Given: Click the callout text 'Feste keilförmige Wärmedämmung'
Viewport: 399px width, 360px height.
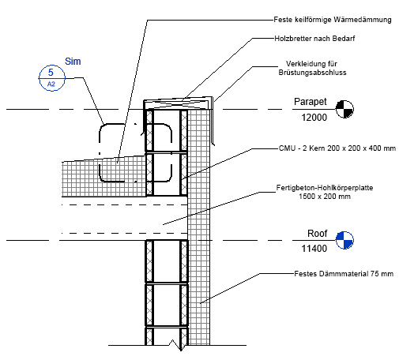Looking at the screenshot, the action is coord(333,20).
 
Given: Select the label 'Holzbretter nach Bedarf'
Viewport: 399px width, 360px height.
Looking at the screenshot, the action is coord(314,39).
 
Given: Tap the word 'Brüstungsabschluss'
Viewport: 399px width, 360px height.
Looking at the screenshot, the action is coord(312,73).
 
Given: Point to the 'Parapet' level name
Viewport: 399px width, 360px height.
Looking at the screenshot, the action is coord(311,102).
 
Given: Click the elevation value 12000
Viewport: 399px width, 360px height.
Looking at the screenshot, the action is coord(314,118).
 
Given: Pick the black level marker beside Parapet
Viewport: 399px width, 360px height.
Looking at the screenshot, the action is coord(344,109).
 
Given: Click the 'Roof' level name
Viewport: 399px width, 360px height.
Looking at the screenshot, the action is coord(317,233).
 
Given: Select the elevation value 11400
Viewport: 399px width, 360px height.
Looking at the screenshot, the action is coord(314,249).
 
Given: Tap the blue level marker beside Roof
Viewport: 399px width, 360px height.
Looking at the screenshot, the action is coord(344,240).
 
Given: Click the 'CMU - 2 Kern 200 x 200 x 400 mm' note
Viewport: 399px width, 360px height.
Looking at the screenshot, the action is coord(337,148).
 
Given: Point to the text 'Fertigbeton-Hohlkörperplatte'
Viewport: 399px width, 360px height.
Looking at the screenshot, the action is coord(325,188).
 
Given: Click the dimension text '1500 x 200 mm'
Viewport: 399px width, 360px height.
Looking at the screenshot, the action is coord(325,197).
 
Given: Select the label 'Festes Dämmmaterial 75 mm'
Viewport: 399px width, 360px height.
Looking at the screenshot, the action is coord(344,274).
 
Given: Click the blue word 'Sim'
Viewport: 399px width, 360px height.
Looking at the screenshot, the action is coord(73,62).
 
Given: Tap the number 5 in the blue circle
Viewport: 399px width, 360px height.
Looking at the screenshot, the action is coord(51,72).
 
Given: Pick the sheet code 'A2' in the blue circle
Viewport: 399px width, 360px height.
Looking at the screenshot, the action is coord(51,84).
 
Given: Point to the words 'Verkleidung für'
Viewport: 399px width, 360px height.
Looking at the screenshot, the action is coord(311,64).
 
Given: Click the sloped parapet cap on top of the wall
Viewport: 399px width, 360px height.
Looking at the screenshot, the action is coord(178,103).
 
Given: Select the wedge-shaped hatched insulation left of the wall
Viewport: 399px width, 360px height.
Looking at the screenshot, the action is coord(104,176).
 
